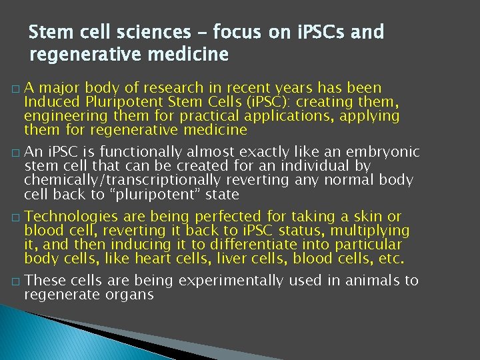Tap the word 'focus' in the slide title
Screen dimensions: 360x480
241,31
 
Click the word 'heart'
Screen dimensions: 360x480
149,259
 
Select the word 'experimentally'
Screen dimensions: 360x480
227,281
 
